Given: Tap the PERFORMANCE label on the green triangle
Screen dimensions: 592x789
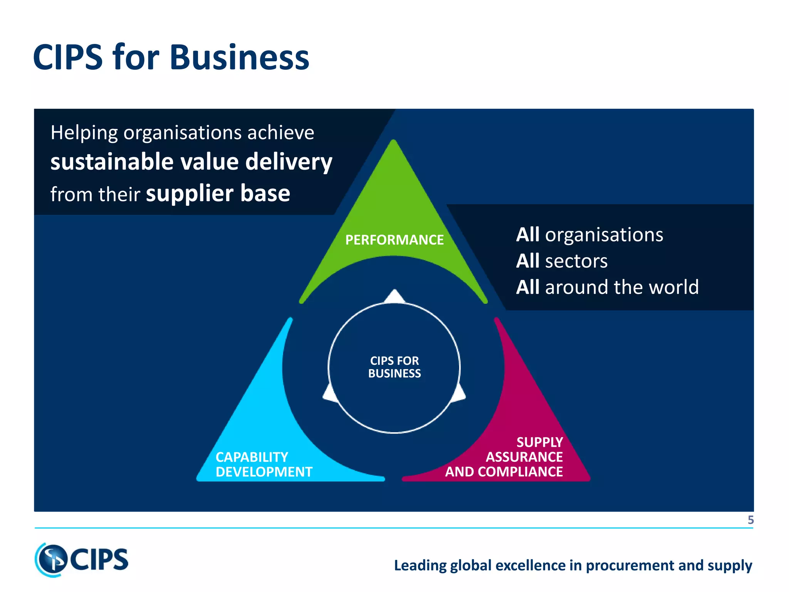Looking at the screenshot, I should click(x=394, y=240).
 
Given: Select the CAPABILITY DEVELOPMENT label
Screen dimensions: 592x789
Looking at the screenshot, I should click(x=264, y=464).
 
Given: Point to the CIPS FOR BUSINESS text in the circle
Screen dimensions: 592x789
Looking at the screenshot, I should click(x=394, y=367).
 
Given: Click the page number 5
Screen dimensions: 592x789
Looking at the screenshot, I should click(x=750, y=520).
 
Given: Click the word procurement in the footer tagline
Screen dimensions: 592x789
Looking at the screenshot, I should click(x=630, y=565).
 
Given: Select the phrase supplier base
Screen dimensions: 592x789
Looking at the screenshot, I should click(x=218, y=193).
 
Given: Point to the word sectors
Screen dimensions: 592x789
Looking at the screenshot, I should click(x=576, y=261).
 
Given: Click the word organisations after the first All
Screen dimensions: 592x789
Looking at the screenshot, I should click(x=604, y=235).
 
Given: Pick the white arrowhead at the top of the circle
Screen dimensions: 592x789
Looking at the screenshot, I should click(x=394, y=296).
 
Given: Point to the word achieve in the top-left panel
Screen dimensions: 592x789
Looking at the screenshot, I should click(x=280, y=133).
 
